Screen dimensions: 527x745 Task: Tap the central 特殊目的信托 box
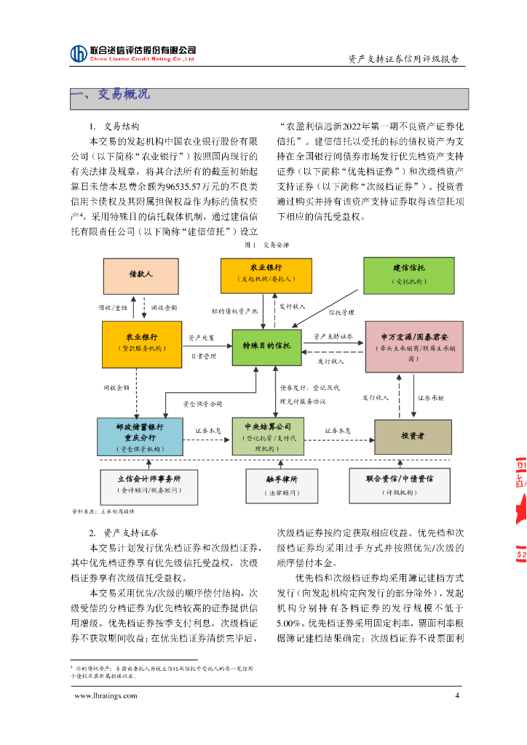tap(266, 347)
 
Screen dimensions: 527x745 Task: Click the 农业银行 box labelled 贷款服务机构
tap(142, 343)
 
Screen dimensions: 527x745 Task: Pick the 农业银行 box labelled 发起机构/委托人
tap(266, 274)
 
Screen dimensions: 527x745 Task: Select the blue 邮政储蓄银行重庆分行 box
tap(139, 437)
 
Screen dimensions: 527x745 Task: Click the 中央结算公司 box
tap(267, 437)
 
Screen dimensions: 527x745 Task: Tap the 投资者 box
tap(413, 437)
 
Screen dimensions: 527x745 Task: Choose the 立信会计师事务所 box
tap(148, 485)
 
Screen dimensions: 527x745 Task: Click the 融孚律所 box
tap(281, 485)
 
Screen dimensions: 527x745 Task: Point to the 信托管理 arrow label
tap(341, 312)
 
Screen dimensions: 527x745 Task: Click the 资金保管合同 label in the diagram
tap(202, 404)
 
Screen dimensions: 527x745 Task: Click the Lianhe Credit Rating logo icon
tap(79, 53)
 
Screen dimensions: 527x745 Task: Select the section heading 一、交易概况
tap(110, 95)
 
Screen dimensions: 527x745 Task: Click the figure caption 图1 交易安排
tap(266, 245)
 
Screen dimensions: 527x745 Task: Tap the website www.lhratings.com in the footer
tap(106, 696)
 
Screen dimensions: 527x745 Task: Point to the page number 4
tap(457, 696)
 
